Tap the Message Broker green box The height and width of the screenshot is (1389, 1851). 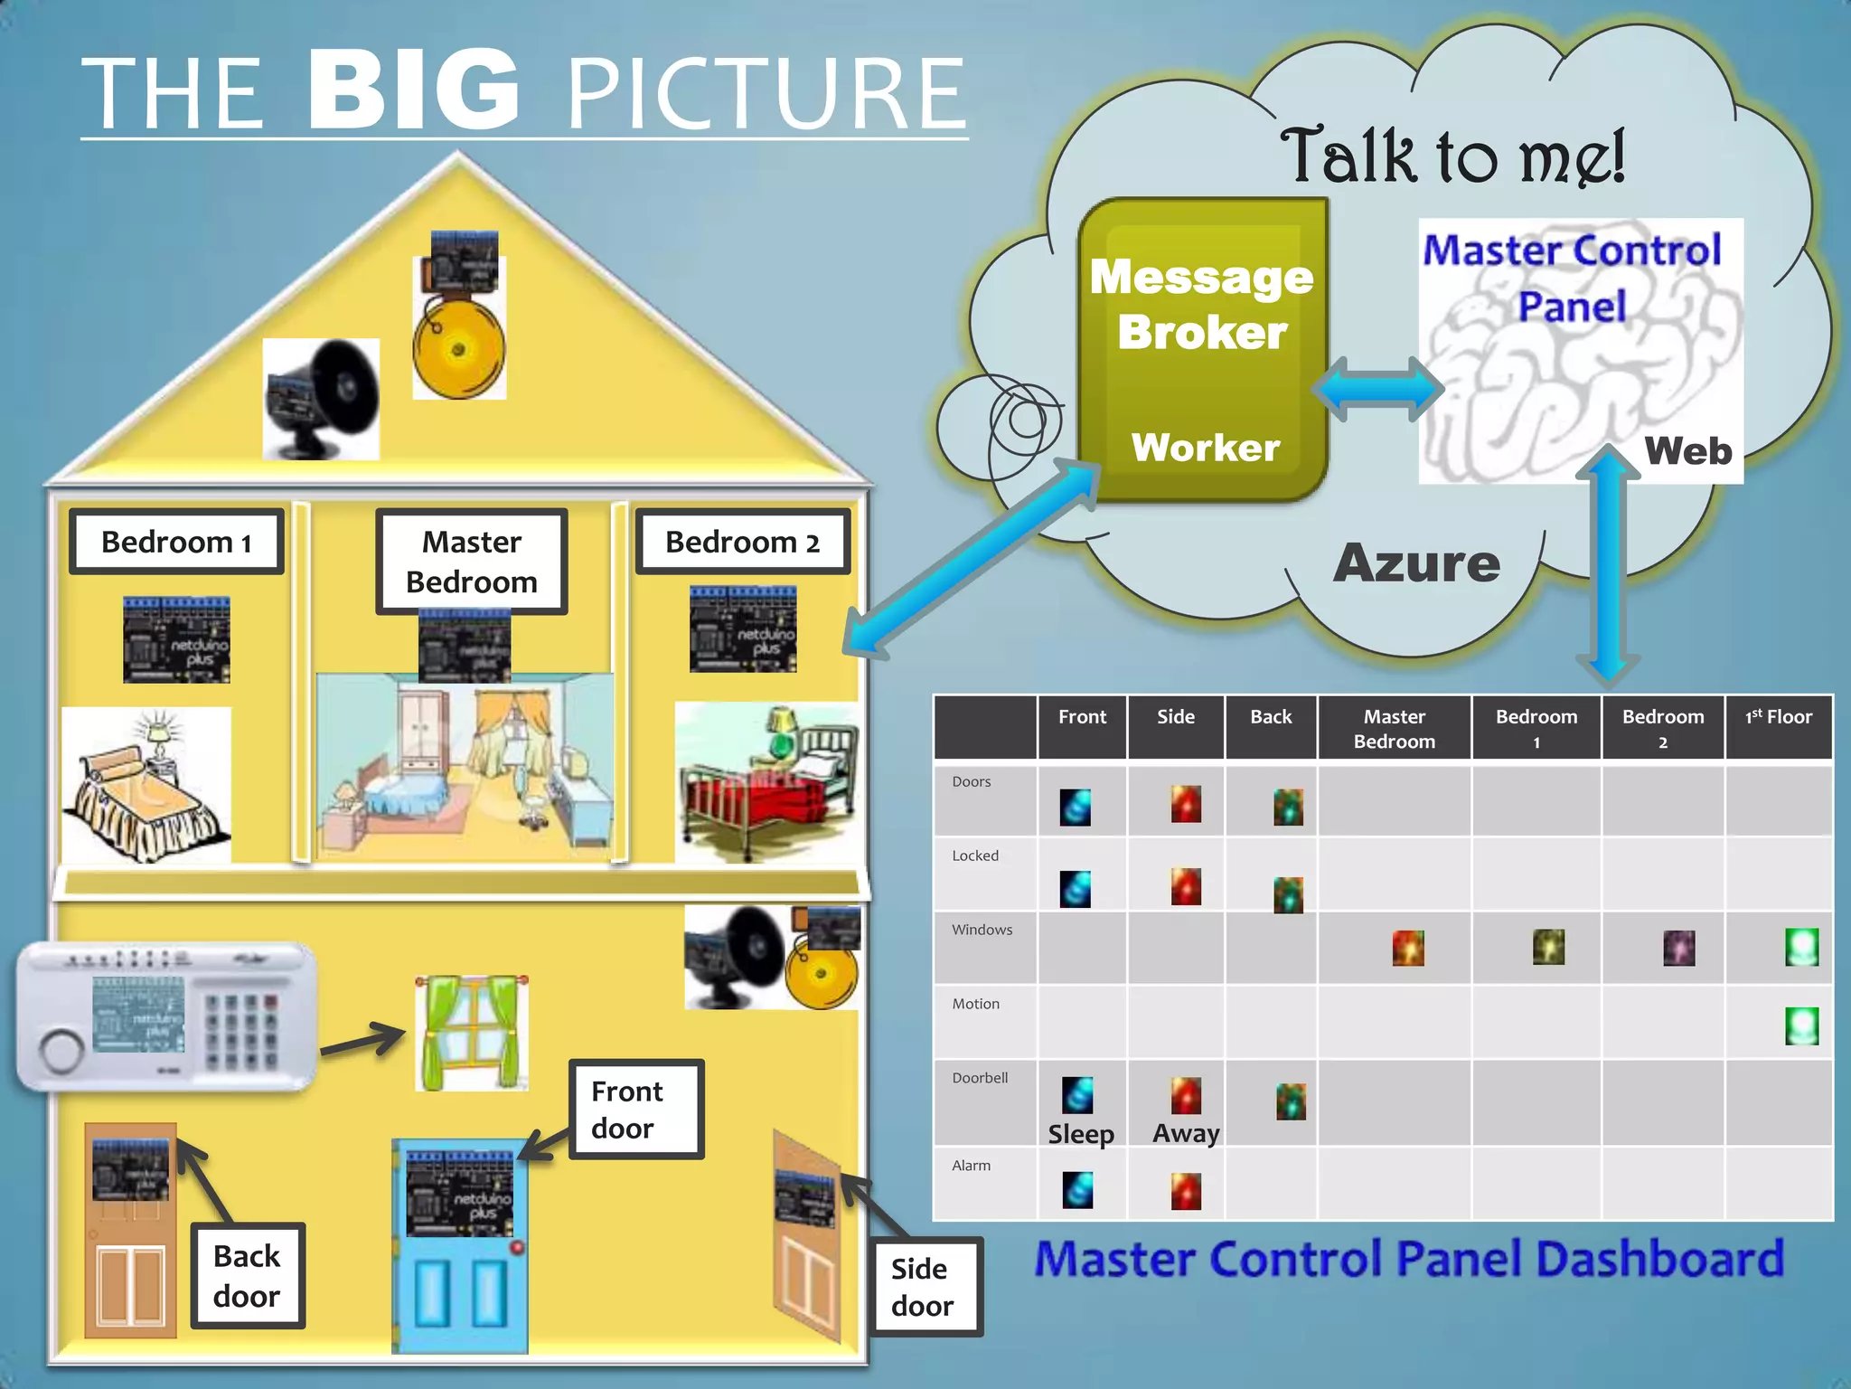[1202, 348]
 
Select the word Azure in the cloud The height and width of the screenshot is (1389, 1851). [1416, 562]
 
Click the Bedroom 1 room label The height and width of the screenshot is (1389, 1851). [176, 542]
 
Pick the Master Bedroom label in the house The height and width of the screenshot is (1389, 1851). [471, 562]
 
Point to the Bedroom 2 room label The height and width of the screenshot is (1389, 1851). [742, 542]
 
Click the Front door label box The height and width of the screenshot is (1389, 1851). [635, 1110]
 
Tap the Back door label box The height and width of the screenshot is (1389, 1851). [247, 1276]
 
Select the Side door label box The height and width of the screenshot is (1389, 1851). [925, 1287]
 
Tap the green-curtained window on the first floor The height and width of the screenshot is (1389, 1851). [471, 1033]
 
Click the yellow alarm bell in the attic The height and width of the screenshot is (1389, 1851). [459, 348]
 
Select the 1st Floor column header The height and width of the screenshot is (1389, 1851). [1778, 718]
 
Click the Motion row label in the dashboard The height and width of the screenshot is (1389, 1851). [975, 1004]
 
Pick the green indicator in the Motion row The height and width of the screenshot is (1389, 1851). [1800, 1026]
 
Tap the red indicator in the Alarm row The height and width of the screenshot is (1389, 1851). [1186, 1191]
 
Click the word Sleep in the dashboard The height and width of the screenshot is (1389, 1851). [1081, 1134]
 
